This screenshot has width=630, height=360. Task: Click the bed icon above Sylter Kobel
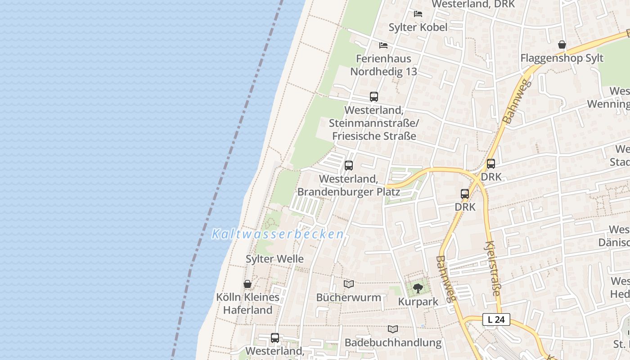(418, 14)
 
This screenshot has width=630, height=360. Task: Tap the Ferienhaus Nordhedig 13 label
(384, 65)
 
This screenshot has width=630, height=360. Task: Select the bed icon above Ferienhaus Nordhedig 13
(383, 45)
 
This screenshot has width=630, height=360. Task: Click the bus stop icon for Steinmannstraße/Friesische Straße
(374, 96)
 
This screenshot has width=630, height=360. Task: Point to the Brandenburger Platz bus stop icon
(349, 166)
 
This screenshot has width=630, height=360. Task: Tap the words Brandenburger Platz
(349, 192)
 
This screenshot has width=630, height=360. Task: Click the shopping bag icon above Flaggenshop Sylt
(562, 45)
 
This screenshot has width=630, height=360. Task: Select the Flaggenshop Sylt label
(562, 58)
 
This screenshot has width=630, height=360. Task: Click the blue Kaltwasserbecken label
(278, 234)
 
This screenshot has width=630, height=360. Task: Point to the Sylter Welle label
(274, 259)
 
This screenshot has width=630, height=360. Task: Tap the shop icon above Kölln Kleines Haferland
(247, 284)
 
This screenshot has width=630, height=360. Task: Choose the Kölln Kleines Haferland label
(248, 304)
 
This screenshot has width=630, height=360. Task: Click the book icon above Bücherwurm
(349, 284)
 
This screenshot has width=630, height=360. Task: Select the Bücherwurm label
(349, 297)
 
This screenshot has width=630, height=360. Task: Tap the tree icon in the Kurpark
(418, 288)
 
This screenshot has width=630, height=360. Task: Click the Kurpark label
(418, 302)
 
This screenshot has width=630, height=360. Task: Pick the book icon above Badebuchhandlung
(393, 329)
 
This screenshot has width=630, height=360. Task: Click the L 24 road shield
(496, 319)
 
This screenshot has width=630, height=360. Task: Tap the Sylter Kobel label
(418, 27)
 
